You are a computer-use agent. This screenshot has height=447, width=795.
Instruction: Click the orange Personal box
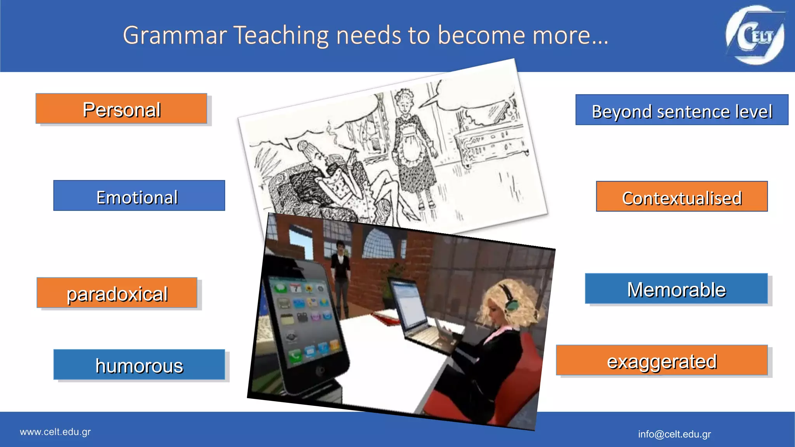(121, 109)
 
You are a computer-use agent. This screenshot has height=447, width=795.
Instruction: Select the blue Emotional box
(139, 196)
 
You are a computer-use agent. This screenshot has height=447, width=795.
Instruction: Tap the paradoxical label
(117, 293)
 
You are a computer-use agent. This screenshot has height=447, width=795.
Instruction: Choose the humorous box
(139, 365)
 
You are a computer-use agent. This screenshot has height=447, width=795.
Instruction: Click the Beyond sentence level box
(682, 110)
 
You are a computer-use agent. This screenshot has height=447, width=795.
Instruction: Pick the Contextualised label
(682, 197)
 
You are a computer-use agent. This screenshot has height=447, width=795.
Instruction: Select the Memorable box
(676, 289)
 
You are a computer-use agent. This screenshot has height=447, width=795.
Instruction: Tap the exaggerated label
(661, 360)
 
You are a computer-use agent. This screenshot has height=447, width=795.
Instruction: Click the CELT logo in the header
(755, 35)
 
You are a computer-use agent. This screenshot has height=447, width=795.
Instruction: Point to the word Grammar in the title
(175, 36)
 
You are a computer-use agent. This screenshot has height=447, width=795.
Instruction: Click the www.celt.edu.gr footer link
(55, 432)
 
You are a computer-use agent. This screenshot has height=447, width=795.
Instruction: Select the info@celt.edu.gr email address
(674, 434)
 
